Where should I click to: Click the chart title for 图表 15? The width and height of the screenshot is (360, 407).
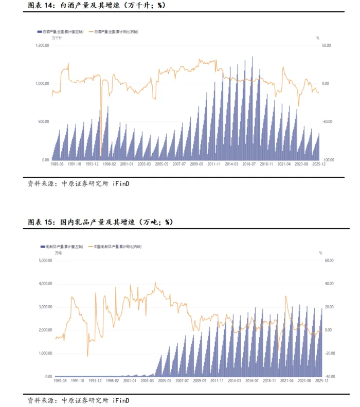(100, 222)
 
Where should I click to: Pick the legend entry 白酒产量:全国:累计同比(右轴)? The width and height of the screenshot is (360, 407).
(116, 31)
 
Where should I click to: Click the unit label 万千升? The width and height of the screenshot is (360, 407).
(57, 38)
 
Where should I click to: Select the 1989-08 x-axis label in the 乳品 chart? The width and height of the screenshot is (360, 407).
(59, 381)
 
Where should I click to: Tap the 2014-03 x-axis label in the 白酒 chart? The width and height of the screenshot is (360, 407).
(232, 164)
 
